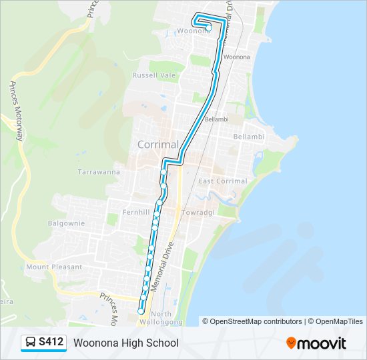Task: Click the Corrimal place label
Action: coord(157,144)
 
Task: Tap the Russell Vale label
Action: coord(153,75)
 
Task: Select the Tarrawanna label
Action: coord(98,171)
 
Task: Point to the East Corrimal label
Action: coord(222,181)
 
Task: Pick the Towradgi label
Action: coord(196,213)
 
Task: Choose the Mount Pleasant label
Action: coord(54,267)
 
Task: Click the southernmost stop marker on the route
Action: coord(141,311)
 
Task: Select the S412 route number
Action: coord(51,343)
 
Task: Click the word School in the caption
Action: coord(164,343)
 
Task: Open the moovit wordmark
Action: coord(322,343)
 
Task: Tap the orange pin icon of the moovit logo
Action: coord(291,343)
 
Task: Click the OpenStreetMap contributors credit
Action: coord(256,321)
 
